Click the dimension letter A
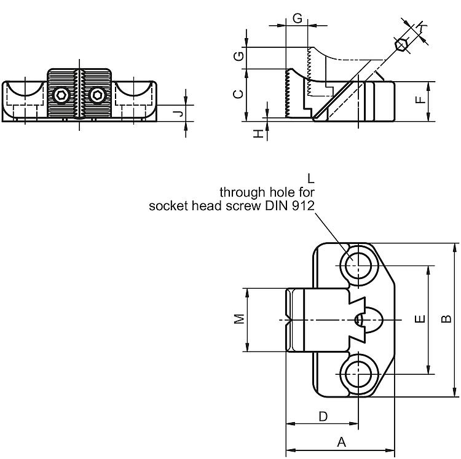point(342,442)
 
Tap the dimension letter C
point(240,94)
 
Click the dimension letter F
point(419,100)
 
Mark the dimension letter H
point(259,133)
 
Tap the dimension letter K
point(421,25)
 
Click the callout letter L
point(311,179)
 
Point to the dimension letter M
point(240,318)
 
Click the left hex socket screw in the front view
point(61,95)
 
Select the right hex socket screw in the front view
point(97,95)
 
